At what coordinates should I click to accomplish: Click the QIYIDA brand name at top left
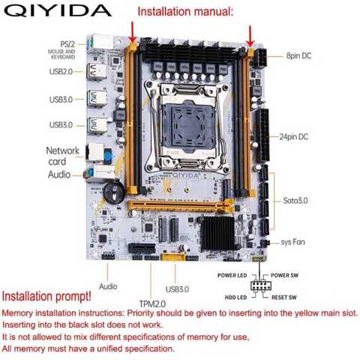click(x=57, y=11)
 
